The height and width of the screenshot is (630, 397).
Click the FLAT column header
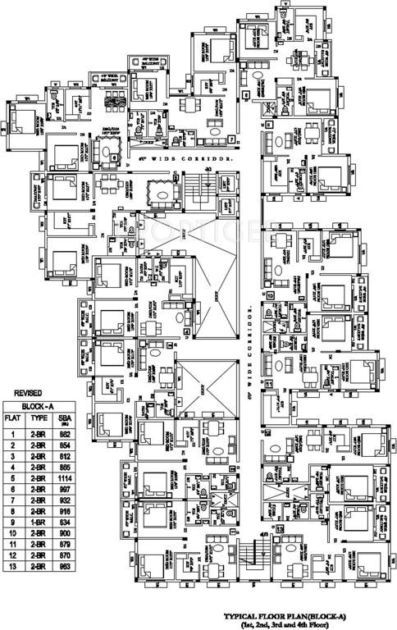tap(13, 418)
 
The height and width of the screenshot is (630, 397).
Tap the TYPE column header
tap(37, 418)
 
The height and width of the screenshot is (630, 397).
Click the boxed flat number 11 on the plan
tap(268, 383)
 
